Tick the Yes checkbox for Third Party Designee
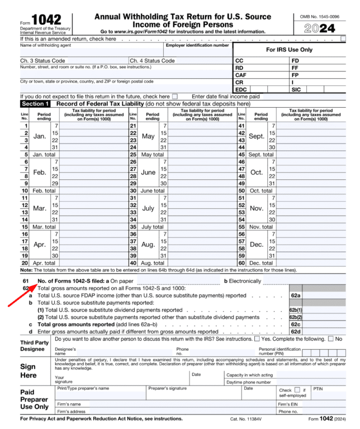pos(257,340)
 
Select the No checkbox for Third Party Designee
pos(331,340)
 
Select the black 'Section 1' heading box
pos(36,104)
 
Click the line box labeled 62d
pos(295,331)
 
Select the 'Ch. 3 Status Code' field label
pos(42,60)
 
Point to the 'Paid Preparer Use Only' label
pos(35,399)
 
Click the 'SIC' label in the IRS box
pos(297,89)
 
